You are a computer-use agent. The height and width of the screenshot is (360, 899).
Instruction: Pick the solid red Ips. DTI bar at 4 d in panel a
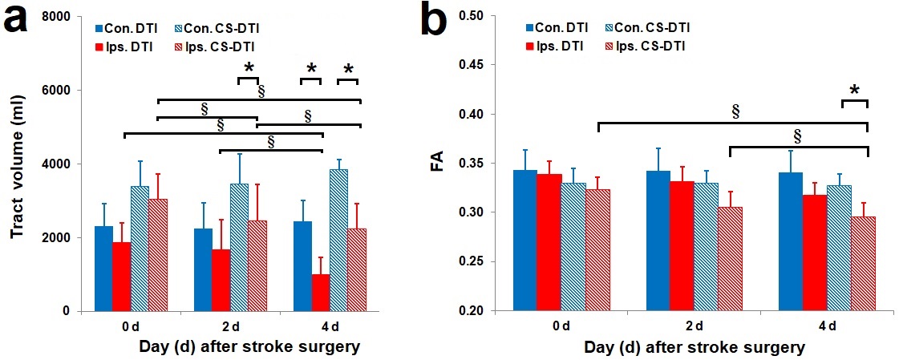pyautogui.click(x=321, y=293)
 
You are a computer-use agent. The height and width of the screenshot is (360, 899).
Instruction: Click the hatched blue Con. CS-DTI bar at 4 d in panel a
pyautogui.click(x=339, y=240)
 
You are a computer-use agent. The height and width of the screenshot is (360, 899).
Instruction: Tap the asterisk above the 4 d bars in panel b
pyautogui.click(x=854, y=91)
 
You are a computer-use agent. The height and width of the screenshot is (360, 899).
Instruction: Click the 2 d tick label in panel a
pyautogui.click(x=221, y=328)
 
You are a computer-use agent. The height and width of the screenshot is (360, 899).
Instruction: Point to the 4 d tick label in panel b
pyautogui.click(x=826, y=326)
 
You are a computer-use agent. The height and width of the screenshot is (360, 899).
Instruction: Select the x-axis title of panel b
pyautogui.click(x=693, y=347)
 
